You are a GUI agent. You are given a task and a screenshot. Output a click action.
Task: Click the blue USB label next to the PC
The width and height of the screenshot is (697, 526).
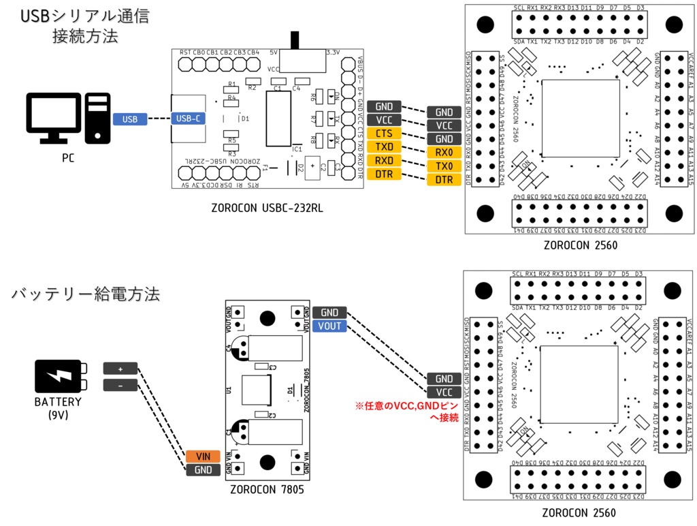point(130,119)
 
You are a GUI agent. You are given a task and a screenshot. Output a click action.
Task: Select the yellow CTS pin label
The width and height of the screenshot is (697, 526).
point(384,133)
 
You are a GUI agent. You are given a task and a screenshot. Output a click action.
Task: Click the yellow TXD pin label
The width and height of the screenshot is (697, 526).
point(384,146)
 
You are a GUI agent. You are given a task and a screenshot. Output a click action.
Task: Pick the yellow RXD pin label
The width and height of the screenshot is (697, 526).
point(384,161)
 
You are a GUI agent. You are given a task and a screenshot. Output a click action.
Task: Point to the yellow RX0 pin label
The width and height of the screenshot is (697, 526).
point(444,153)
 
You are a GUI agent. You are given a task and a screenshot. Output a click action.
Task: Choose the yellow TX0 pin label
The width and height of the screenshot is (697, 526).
point(444,166)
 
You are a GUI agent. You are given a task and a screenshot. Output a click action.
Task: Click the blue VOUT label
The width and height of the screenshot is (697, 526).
point(330,326)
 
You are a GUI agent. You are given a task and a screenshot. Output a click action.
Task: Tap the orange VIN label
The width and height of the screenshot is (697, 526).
point(203,457)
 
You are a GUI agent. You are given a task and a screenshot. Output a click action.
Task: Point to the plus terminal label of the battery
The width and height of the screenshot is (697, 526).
point(120,368)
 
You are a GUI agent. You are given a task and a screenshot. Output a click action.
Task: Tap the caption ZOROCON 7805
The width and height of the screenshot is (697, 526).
point(267,489)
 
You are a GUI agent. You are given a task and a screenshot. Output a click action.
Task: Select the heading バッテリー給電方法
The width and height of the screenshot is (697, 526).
point(86,294)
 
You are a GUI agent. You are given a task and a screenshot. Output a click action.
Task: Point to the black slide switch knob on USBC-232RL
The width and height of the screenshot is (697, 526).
point(295,40)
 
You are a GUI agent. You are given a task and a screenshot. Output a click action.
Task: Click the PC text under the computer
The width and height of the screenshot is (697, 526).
point(67,158)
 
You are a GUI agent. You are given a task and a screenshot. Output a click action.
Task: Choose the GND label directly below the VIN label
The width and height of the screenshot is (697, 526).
point(203,470)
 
